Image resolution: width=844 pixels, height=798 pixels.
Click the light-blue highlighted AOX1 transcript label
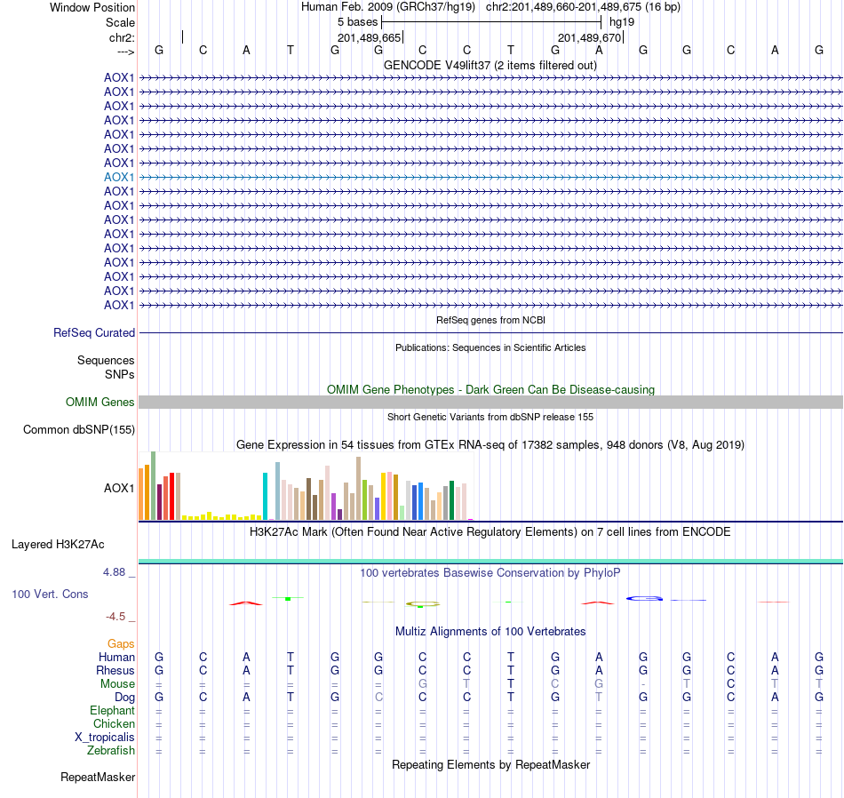click(119, 177)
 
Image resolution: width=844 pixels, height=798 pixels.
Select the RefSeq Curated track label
click(94, 333)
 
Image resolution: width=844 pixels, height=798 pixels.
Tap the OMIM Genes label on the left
click(100, 403)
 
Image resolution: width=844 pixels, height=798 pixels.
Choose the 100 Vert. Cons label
click(50, 594)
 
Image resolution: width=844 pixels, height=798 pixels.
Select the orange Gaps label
click(121, 643)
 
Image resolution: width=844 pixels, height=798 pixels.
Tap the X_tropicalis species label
click(105, 738)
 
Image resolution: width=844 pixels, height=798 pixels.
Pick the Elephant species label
click(113, 711)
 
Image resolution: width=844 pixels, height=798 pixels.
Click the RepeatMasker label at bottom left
click(98, 778)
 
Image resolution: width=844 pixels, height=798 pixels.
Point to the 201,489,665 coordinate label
click(369, 37)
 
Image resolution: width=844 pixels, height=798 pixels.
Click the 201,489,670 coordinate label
click(588, 37)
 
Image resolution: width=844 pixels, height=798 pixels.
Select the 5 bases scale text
click(357, 22)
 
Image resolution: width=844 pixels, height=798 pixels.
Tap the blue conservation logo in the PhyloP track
click(645, 598)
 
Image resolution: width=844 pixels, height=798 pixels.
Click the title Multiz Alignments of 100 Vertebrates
click(490, 631)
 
